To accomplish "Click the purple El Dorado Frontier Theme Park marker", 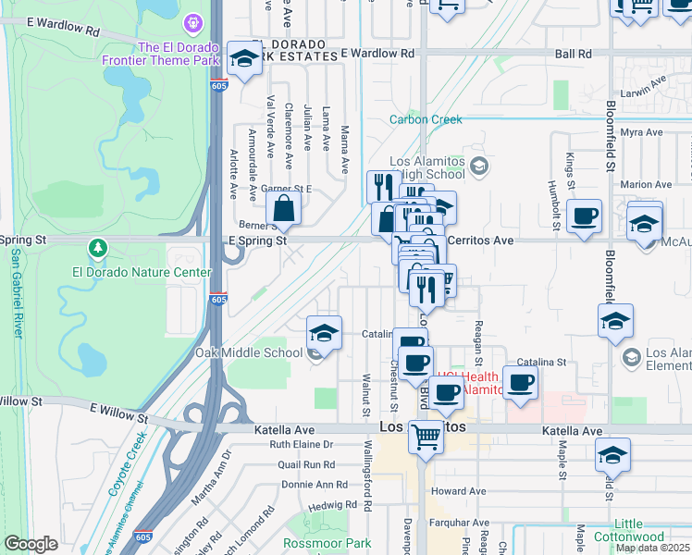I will (192, 21).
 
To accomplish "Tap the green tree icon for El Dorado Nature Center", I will (98, 248).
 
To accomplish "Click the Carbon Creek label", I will (426, 119).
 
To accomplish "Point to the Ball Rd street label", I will (573, 54).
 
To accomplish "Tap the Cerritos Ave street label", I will (479, 240).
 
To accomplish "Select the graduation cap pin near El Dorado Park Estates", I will (244, 60).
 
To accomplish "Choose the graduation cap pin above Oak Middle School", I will (324, 334).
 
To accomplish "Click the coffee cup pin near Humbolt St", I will (584, 218).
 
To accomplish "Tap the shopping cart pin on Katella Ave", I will (426, 436).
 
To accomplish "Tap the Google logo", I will (31, 544).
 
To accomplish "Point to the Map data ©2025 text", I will (651, 548).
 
